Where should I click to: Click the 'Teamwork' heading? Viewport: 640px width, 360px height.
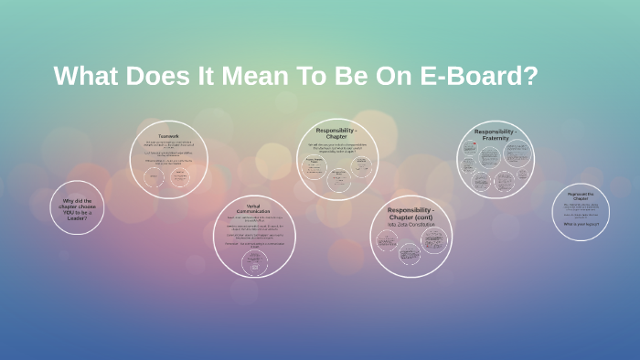[x=168, y=136]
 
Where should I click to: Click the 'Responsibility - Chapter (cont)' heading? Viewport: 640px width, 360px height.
[x=411, y=213]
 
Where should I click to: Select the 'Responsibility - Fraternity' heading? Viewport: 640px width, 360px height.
[x=496, y=135]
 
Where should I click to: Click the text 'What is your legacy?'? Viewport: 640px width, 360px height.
[x=581, y=223]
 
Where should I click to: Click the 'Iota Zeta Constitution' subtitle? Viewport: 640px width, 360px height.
[x=411, y=224]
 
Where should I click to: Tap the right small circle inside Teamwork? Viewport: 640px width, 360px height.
[x=180, y=177]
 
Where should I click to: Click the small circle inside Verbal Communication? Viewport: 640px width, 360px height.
[x=253, y=261]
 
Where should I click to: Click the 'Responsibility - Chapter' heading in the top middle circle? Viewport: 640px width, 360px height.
[x=336, y=133]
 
